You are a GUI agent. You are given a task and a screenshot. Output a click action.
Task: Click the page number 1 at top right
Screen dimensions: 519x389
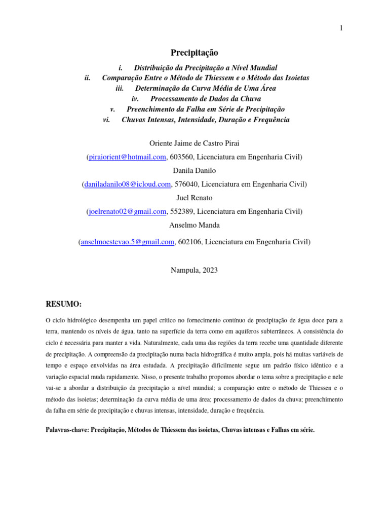341,28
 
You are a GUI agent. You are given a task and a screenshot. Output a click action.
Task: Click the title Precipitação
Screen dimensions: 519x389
194,53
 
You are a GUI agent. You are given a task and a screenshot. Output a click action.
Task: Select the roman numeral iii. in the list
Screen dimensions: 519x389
120,88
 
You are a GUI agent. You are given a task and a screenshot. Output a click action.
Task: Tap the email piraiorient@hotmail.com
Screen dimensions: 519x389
127,157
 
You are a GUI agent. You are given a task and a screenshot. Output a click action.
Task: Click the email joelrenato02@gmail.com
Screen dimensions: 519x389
127,211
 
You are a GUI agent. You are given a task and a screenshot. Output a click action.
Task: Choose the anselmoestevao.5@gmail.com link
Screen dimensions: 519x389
127,242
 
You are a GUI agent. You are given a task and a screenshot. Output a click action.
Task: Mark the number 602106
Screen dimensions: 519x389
189,242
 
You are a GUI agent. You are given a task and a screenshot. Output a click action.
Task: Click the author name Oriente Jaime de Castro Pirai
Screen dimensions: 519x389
194,143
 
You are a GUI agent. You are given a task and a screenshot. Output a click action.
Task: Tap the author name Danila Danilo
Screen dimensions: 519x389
194,171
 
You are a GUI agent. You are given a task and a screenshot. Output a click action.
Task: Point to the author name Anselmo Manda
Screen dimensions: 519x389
194,225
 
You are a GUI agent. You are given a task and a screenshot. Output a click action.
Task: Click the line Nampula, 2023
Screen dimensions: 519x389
194,270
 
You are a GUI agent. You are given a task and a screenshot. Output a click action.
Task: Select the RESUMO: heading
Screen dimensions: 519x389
63,304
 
